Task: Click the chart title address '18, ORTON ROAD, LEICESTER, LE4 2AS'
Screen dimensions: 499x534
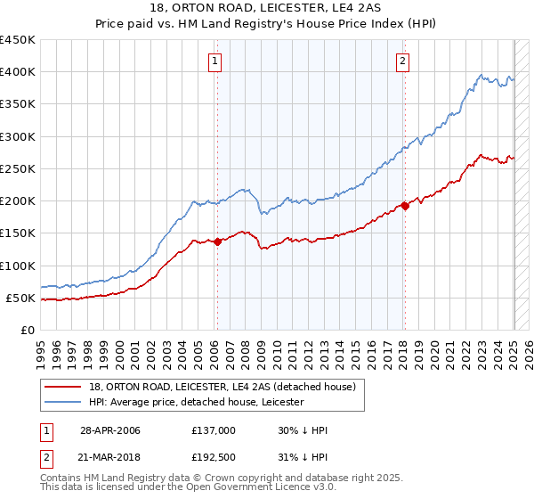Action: pos(267,10)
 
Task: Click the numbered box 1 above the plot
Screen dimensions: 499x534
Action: pos(216,61)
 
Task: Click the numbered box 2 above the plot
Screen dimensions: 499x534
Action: pos(403,61)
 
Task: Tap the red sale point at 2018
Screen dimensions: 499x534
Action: pos(405,206)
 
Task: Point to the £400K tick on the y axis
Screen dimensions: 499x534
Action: pos(19,72)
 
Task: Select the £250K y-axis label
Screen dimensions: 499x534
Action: pos(19,168)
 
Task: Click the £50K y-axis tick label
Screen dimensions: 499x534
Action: pos(22,298)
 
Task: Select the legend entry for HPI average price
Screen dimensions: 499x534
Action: pos(196,403)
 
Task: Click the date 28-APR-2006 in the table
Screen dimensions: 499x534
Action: pos(110,430)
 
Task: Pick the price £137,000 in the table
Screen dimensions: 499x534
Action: pos(214,430)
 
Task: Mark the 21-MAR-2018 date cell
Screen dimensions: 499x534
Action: pos(110,458)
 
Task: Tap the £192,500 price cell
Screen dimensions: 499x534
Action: pos(214,458)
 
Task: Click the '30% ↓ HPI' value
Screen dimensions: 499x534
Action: pos(303,430)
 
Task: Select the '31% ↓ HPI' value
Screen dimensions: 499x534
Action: pos(303,458)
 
